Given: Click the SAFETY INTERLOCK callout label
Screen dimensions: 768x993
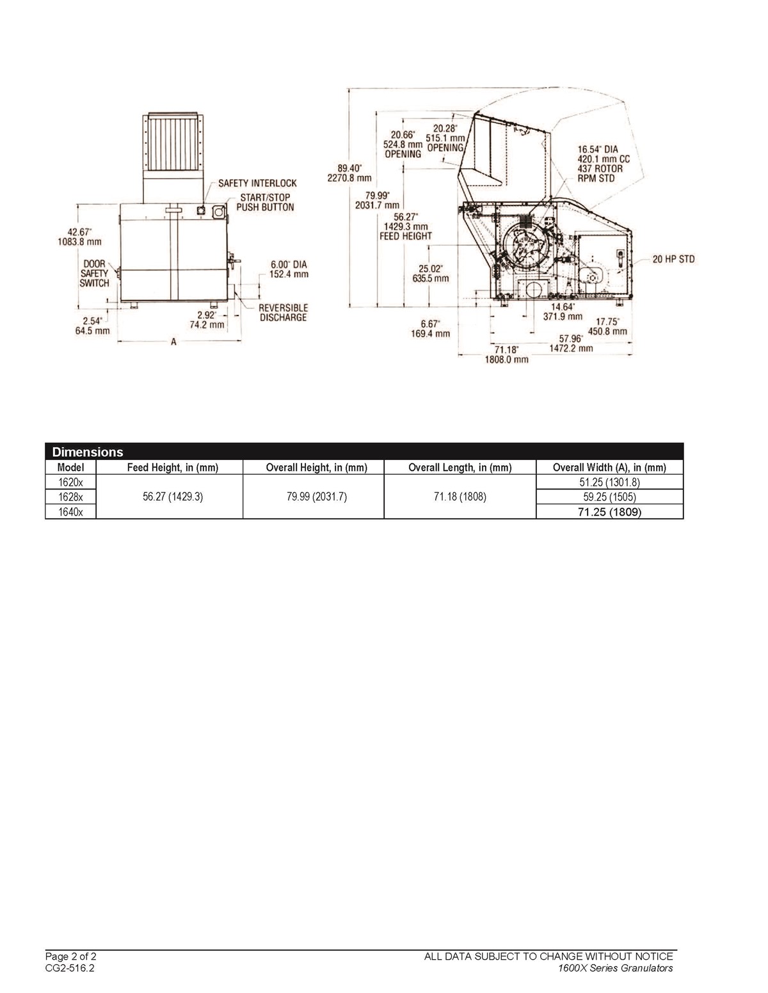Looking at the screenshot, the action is [x=257, y=183].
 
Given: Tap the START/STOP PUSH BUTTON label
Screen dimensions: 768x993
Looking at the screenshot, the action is [x=265, y=202].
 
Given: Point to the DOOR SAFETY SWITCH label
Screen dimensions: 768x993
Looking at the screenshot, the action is [x=95, y=273].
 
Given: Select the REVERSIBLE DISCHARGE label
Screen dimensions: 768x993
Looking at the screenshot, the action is [x=284, y=313].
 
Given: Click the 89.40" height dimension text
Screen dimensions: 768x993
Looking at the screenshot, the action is [x=349, y=168].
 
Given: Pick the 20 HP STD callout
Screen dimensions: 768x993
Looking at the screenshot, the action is [x=673, y=259].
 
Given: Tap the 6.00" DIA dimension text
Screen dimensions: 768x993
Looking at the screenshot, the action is [x=289, y=264].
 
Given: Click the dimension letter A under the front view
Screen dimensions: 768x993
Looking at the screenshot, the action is [x=173, y=342].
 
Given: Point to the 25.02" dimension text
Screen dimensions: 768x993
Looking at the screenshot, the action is [x=430, y=268].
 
